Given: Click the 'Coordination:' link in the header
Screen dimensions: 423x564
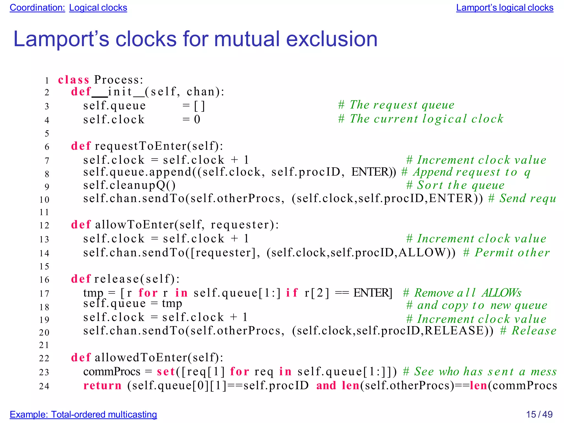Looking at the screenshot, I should [x=37, y=8].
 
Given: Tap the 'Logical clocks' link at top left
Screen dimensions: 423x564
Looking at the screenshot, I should [x=98, y=8].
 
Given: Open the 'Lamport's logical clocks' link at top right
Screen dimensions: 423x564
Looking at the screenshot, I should [x=505, y=8].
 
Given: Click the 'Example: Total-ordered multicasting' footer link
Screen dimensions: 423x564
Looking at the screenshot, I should [x=83, y=414].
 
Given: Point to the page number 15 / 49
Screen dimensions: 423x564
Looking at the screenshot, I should [x=539, y=414].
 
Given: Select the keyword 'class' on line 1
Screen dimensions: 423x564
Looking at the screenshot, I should [x=74, y=80].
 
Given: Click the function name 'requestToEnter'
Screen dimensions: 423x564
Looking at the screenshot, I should [x=140, y=146].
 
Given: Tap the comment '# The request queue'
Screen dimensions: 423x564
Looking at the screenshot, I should [x=396, y=105].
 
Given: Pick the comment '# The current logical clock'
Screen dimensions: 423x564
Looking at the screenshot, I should [x=421, y=119].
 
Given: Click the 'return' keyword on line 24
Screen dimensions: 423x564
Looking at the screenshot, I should [x=102, y=386].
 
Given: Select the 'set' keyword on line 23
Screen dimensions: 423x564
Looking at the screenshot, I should [x=166, y=372].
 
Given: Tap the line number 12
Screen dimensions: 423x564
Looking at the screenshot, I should [x=44, y=225].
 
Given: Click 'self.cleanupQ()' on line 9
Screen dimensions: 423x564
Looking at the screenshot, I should [x=129, y=185].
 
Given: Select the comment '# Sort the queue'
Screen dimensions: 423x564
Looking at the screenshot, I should [x=455, y=185].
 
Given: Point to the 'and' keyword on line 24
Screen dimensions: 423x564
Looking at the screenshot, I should [x=326, y=386].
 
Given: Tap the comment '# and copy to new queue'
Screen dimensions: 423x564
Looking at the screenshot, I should [x=477, y=305].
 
